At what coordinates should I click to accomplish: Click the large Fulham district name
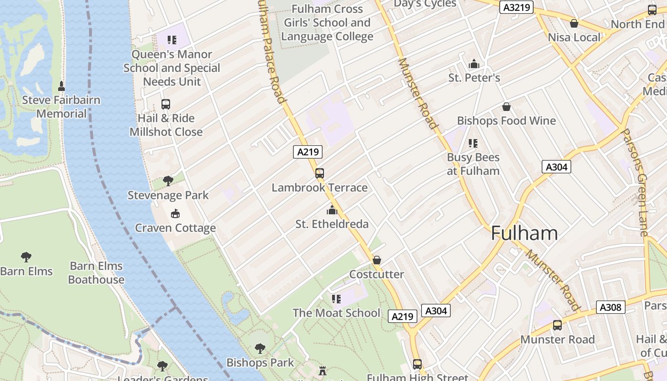(524, 233)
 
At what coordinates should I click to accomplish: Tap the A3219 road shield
(516, 8)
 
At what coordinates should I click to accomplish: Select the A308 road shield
(610, 307)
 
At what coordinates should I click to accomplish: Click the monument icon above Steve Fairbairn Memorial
(61, 86)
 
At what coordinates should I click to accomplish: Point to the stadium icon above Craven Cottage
(175, 213)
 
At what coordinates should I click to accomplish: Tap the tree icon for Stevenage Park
(168, 180)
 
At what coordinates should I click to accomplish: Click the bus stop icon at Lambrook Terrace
(320, 173)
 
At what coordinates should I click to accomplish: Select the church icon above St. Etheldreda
(332, 210)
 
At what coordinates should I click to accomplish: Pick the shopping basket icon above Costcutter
(376, 260)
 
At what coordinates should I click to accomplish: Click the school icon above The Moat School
(336, 299)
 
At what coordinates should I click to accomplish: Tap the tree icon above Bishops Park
(260, 348)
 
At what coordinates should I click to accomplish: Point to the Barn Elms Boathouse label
(96, 273)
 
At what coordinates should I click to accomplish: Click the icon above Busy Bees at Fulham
(473, 143)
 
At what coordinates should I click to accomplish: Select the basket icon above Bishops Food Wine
(506, 107)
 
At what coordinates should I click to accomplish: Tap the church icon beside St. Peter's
(474, 64)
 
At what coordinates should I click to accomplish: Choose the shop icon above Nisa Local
(574, 23)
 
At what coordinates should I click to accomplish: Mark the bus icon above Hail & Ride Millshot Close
(166, 104)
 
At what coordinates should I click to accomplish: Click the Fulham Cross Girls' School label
(327, 22)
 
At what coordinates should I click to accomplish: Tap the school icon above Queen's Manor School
(172, 40)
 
